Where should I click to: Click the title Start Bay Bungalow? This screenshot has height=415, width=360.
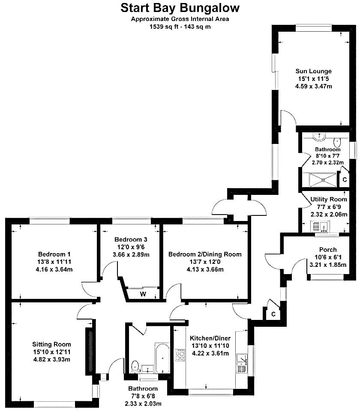click(180, 8)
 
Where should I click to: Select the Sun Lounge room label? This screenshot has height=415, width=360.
click(313, 71)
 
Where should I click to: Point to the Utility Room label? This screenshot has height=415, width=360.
click(328, 199)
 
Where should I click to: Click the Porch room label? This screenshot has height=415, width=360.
click(328, 250)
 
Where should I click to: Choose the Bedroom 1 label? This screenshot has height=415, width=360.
click(54, 254)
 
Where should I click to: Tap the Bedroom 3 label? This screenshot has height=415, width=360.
click(131, 239)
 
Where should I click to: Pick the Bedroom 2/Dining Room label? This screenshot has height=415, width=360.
click(205, 254)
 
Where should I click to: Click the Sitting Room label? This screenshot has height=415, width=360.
click(52, 344)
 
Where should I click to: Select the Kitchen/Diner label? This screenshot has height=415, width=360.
click(210, 338)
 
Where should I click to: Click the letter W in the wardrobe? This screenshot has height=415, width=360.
click(143, 294)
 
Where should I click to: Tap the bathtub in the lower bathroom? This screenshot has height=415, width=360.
click(162, 358)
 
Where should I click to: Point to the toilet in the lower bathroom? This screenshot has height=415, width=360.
click(135, 366)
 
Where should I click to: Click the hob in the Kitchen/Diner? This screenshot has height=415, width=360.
click(180, 355)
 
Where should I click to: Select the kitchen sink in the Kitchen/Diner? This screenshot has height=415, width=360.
click(242, 363)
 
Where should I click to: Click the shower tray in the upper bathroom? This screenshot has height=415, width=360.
click(323, 180)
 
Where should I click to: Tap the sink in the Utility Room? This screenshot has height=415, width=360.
click(320, 227)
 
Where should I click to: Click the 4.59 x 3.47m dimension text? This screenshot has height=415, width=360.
click(313, 86)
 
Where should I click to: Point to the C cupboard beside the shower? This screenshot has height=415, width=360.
click(345, 180)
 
